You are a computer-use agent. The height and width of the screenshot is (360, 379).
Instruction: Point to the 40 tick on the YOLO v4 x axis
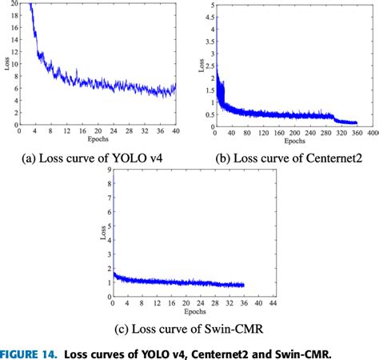[x=174, y=130]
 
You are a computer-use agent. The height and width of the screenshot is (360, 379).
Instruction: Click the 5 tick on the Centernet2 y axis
[x=209, y=5]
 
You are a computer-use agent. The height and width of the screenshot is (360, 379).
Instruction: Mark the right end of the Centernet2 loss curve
[x=357, y=122]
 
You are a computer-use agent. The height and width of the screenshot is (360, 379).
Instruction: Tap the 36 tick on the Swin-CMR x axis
[x=243, y=304]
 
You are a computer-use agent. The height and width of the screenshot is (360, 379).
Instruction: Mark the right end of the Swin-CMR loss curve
[x=244, y=285]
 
